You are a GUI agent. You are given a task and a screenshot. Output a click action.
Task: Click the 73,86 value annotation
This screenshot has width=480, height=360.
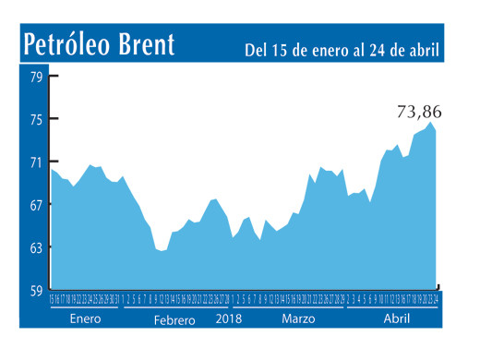(419, 112)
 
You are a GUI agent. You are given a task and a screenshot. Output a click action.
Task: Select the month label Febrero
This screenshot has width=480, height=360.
(174, 320)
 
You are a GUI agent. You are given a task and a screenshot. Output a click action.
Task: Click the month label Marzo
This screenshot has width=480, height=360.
(297, 319)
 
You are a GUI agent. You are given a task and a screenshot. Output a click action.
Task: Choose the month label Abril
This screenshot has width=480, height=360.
(396, 319)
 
